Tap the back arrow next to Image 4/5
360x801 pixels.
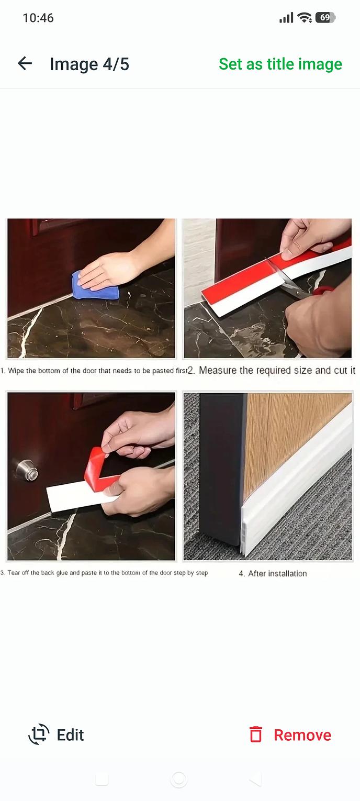pos(25,64)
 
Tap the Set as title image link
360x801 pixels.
pos(280,64)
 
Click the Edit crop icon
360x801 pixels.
pos(39,735)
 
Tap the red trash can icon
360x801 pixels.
pos(256,735)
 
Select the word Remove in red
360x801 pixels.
pos(302,735)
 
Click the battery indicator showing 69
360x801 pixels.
pos(325,17)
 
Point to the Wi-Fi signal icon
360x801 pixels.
pos(305,17)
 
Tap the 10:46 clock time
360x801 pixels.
pos(38,18)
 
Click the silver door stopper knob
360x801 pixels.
pos(27,470)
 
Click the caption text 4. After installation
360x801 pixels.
pos(273,574)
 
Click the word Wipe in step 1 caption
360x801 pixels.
pos(16,371)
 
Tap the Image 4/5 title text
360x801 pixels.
pos(89,64)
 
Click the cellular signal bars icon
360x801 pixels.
pos(286,17)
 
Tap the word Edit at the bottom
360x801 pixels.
pos(71,735)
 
